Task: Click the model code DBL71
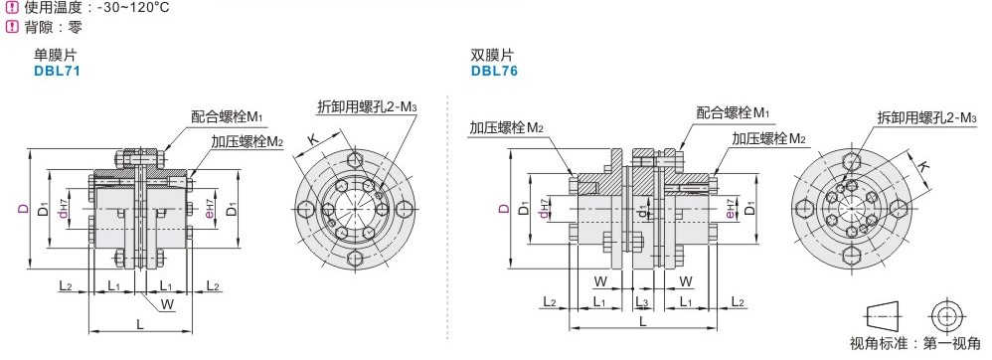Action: point(57,71)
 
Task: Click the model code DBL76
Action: point(494,71)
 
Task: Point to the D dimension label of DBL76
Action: point(503,208)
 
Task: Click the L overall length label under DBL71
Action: point(140,324)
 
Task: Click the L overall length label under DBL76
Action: point(643,321)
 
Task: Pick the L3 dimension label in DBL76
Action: point(641,302)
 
